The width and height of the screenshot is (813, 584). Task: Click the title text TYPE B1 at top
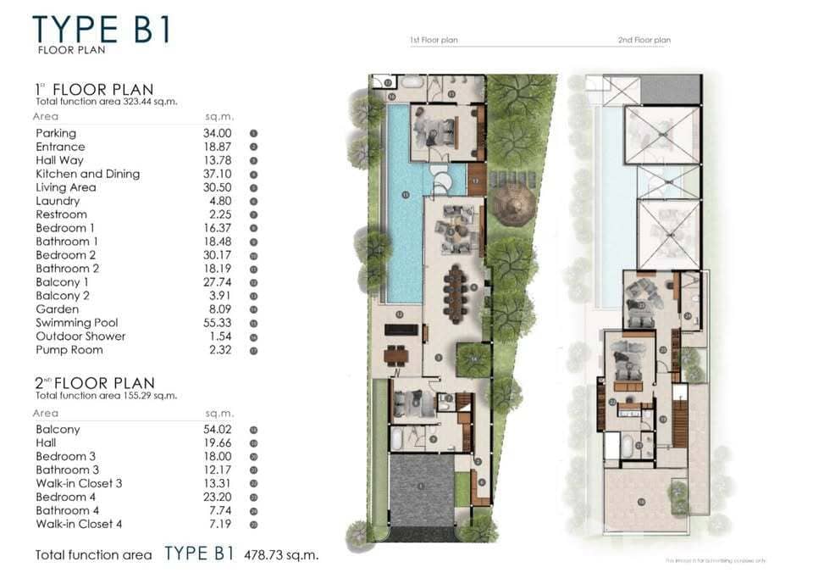coord(102,28)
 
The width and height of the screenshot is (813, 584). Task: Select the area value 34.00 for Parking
coord(218,133)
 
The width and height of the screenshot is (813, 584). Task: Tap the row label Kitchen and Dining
coord(87,174)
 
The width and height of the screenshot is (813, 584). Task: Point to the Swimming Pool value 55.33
coord(218,323)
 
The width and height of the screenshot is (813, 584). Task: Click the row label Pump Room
coord(69,350)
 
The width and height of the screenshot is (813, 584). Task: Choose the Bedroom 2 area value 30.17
coord(218,255)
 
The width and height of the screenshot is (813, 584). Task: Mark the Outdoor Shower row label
coord(80,336)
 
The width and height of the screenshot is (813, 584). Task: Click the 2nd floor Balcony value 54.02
coord(218,430)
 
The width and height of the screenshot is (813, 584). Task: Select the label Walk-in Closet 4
coord(79,524)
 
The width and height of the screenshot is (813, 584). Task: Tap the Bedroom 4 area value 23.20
coord(218,497)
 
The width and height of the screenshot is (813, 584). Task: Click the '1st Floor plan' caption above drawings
coord(434,40)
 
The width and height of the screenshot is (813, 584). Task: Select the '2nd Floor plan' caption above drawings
coord(644,40)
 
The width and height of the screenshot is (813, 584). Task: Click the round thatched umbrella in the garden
coord(514,204)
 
